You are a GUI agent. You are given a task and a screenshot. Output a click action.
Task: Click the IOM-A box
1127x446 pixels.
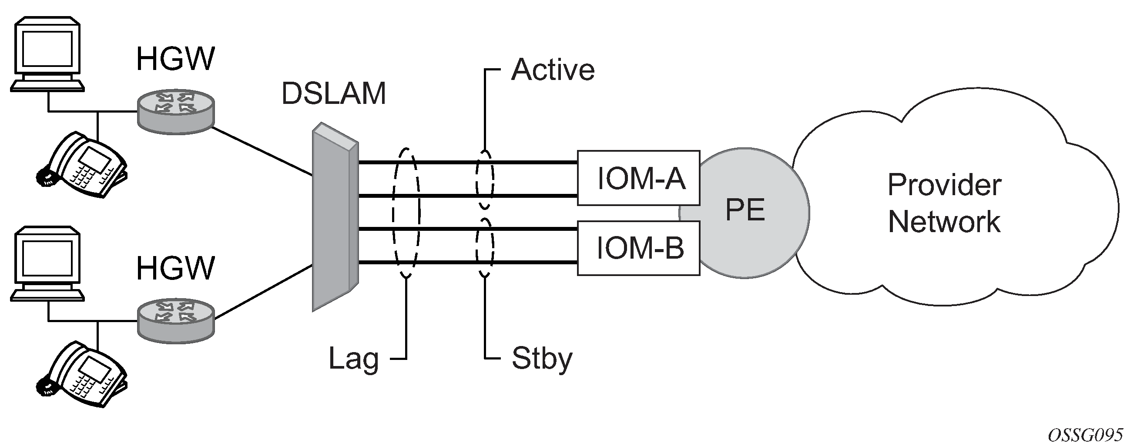point(638,178)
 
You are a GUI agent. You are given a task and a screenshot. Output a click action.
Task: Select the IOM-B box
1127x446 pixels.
point(638,248)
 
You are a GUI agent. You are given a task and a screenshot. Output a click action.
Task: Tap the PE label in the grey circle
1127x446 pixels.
point(745,210)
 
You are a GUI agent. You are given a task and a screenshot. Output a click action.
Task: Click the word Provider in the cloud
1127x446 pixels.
point(944,185)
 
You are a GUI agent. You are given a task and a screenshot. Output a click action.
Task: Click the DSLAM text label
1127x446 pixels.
point(334,93)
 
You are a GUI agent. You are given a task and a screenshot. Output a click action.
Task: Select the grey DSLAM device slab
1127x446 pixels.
point(335,217)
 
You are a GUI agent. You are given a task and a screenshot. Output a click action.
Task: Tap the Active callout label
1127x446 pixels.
point(553,70)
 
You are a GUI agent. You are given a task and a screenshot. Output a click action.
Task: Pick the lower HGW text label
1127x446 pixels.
point(175,269)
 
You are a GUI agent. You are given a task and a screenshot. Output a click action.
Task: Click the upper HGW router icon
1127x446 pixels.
point(176,112)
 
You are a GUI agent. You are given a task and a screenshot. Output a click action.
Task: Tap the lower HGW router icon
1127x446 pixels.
point(176,321)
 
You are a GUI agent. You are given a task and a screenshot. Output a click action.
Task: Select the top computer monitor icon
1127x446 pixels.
point(47,54)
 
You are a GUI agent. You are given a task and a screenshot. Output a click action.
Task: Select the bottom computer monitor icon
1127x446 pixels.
point(47,264)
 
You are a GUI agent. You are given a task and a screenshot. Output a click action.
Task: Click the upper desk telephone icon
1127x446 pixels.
point(82,165)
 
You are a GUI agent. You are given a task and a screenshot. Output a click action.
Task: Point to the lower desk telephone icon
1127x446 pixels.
point(82,374)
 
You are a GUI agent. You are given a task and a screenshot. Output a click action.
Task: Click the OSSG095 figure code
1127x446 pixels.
point(1083,435)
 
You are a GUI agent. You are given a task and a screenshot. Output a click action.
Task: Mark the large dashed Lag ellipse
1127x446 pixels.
point(406,213)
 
